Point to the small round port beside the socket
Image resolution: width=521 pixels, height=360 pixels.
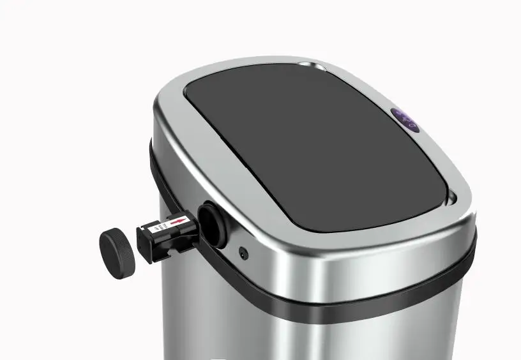[243, 253]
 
